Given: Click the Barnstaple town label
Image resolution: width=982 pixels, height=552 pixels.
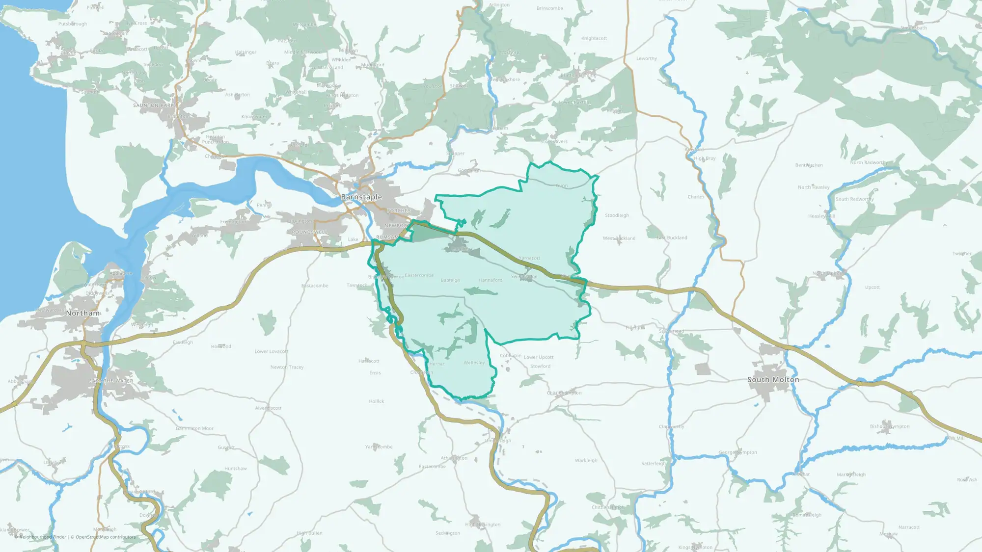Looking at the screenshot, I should click(x=361, y=197).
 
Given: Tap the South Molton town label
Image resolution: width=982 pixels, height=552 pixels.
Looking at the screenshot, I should click(x=773, y=379).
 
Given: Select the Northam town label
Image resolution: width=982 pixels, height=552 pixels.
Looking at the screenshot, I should click(x=83, y=313).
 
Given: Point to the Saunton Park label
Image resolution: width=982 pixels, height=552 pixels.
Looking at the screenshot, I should click(x=154, y=105).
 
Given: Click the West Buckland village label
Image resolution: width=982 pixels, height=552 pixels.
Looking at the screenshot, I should click(x=619, y=238).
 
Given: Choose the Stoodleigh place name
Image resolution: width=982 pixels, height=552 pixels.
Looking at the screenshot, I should click(x=617, y=215).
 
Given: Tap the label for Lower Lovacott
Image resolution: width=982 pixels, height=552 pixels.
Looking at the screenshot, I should click(x=271, y=351).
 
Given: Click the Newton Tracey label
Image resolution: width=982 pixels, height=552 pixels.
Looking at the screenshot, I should click(x=287, y=367).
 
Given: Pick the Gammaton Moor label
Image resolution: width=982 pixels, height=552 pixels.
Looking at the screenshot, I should click(x=194, y=428).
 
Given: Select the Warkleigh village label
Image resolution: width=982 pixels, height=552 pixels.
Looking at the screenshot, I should click(x=586, y=460).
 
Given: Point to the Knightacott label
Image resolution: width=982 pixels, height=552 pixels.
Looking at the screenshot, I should click(x=594, y=38).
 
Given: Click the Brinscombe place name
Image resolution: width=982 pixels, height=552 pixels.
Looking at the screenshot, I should click(x=549, y=8).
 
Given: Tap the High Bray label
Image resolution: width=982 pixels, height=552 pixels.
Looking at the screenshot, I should click(x=705, y=158).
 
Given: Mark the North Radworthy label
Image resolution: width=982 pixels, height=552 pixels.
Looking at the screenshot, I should click(x=869, y=162).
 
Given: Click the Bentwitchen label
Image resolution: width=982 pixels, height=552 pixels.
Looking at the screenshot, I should click(x=809, y=165).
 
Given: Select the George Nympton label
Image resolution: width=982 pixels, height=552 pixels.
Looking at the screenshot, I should click(x=737, y=452).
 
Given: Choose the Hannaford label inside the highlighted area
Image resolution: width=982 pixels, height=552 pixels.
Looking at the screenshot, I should click(x=491, y=280).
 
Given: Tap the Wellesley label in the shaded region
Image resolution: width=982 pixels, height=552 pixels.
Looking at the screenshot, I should click(x=474, y=363).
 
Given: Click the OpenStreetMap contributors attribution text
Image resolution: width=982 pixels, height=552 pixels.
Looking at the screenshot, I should click(x=106, y=537).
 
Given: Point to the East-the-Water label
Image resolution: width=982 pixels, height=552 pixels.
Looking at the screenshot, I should click(x=111, y=381).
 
